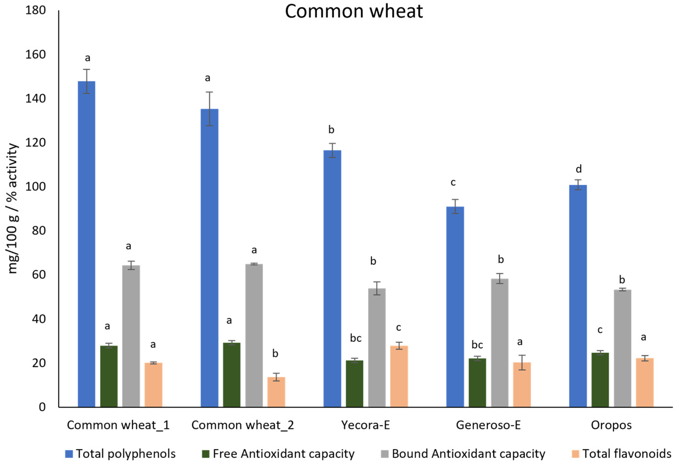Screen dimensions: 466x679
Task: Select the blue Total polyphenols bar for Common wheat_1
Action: pos(86,244)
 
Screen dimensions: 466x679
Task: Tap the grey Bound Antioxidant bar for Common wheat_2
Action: pos(254,336)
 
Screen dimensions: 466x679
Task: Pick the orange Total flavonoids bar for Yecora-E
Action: pos(399,376)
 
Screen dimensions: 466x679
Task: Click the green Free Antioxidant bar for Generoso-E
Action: pos(477,383)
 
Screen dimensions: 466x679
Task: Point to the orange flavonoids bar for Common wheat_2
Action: pos(276,392)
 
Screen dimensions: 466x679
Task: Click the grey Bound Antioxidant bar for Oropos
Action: pos(622,348)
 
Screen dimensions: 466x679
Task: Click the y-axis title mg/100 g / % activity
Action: pos(13,208)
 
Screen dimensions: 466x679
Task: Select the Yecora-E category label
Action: pos(365,425)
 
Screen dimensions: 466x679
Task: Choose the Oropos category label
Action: pos(611,425)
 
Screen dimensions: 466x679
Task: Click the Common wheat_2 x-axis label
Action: pos(242,425)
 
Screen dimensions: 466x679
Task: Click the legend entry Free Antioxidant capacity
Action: pos(283,454)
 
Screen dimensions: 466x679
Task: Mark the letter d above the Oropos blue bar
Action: pos(579,169)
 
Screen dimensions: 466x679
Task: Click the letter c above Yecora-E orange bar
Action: pos(398,327)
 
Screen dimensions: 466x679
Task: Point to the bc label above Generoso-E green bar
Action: pos(477,345)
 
